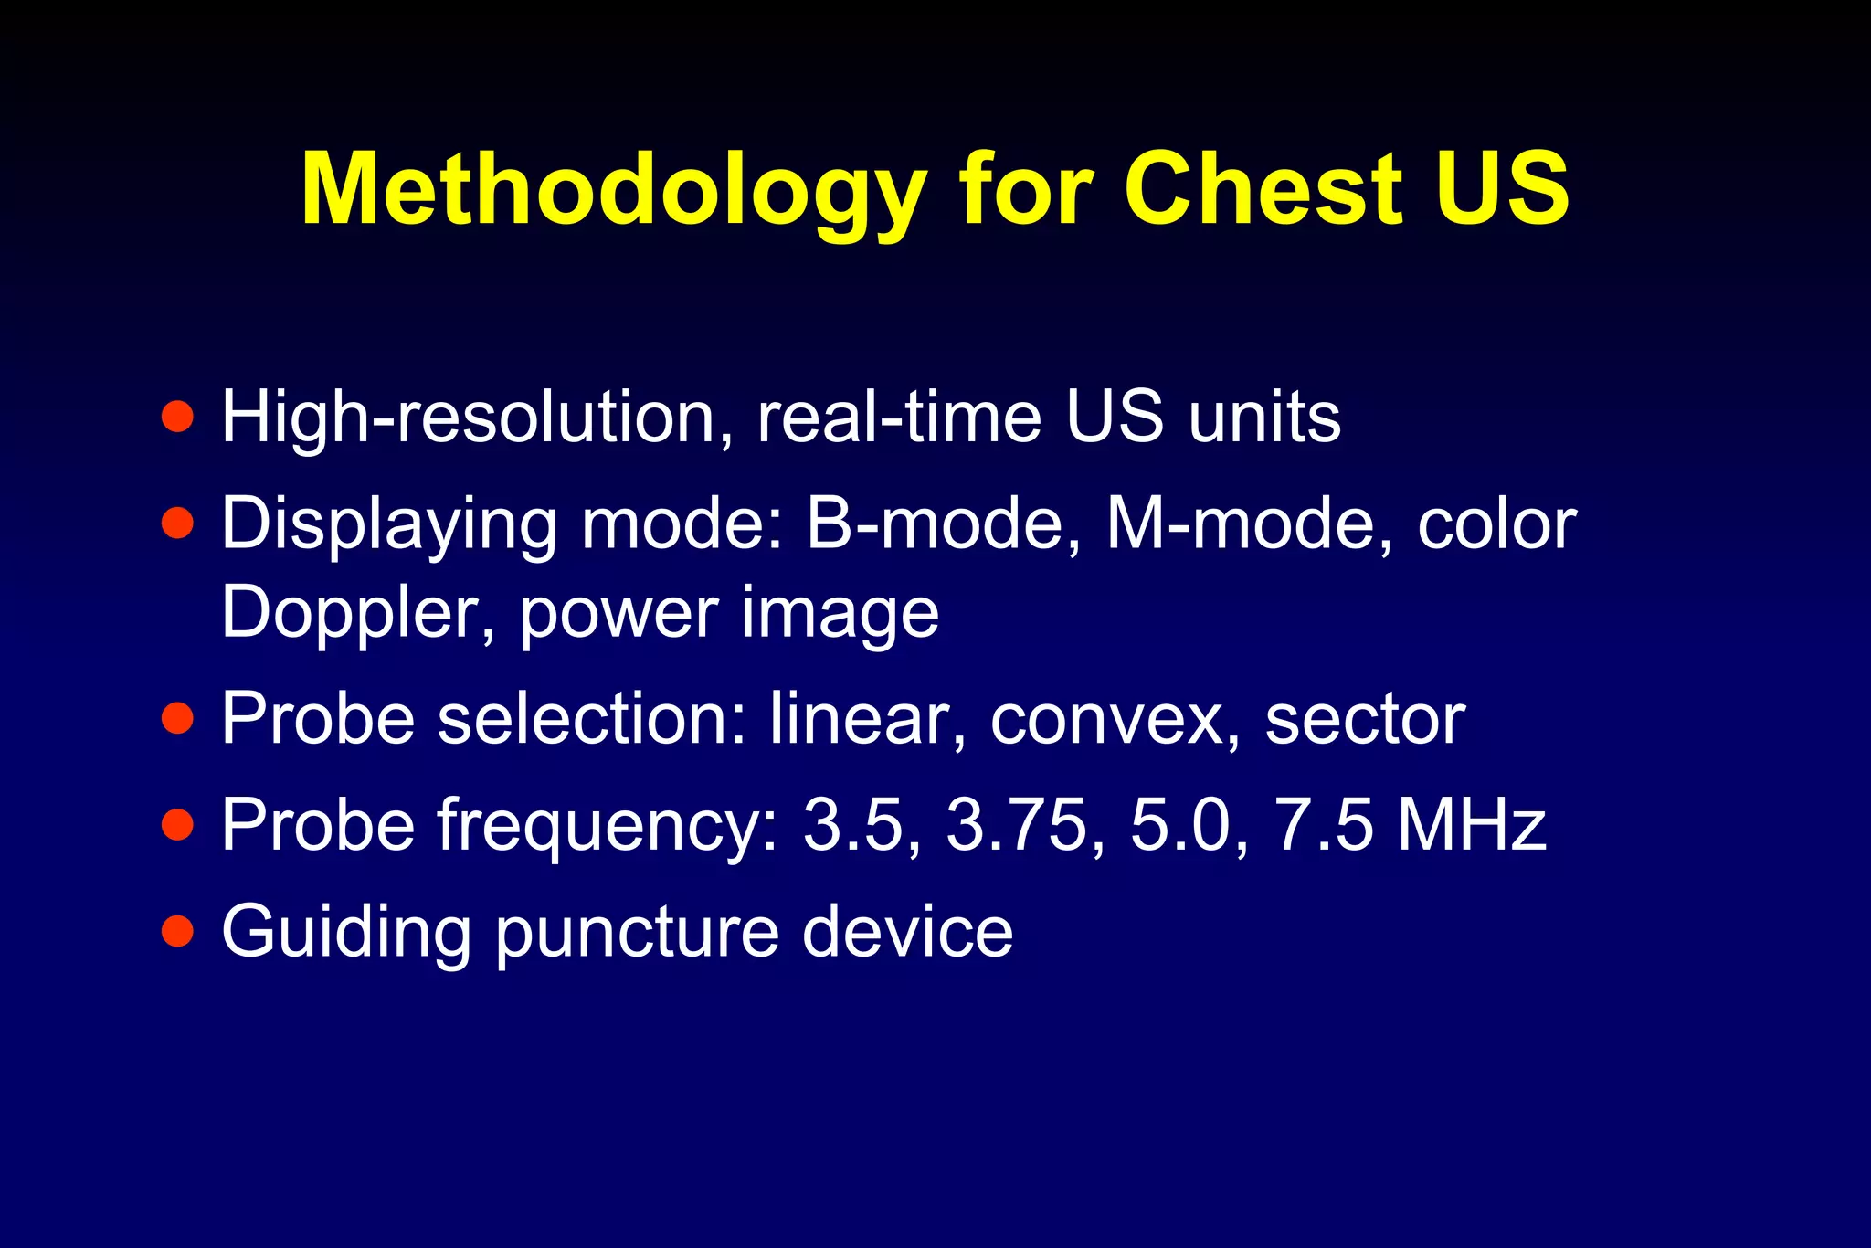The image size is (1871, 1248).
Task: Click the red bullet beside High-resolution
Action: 177,417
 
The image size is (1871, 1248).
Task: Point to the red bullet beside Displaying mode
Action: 177,524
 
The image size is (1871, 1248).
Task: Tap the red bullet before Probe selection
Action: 177,718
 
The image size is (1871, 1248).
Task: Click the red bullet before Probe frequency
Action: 177,824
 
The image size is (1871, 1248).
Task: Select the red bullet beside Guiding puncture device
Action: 177,931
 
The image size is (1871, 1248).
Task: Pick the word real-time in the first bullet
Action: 900,418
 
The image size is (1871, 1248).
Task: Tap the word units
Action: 1264,418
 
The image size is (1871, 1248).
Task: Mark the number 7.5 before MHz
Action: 1324,825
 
